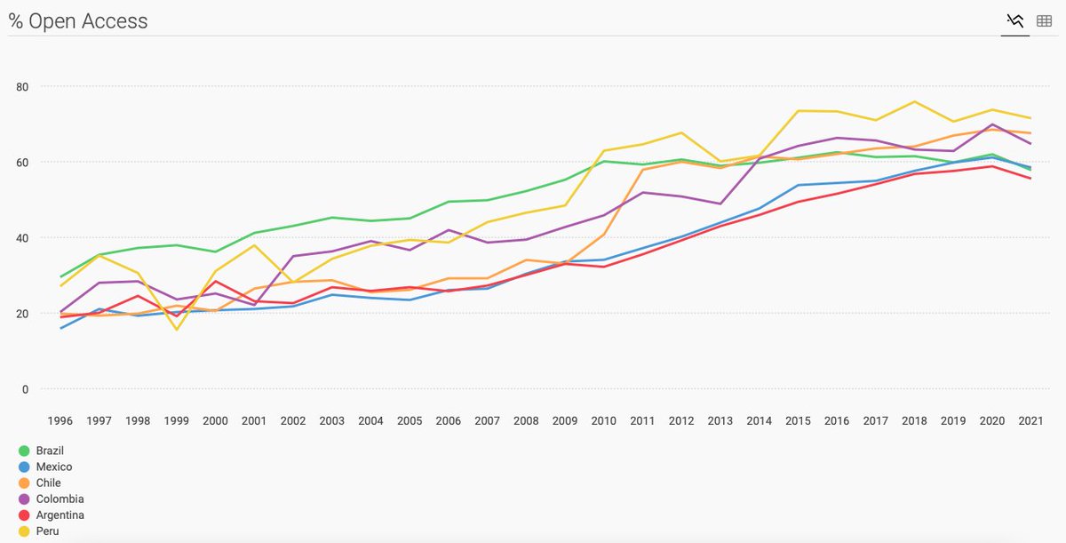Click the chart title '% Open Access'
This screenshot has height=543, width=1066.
(x=78, y=21)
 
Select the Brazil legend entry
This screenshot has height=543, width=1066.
(x=50, y=451)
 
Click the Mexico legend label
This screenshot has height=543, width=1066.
(x=54, y=467)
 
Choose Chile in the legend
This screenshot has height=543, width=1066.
(x=49, y=483)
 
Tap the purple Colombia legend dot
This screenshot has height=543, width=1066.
(x=25, y=499)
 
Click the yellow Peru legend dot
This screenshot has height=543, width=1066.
(x=25, y=531)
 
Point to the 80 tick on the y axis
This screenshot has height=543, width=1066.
(x=22, y=87)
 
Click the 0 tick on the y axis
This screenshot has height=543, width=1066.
(x=25, y=389)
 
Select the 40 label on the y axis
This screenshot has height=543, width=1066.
(x=22, y=238)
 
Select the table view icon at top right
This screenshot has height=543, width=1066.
(x=1045, y=20)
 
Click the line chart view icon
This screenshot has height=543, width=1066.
(x=1015, y=20)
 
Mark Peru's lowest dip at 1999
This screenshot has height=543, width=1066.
(x=177, y=330)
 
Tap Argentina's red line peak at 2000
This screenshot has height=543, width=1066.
(x=216, y=282)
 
